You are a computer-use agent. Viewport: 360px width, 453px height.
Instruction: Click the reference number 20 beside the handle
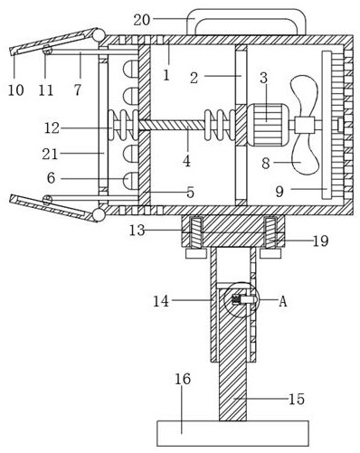pyautogui.click(x=142, y=20)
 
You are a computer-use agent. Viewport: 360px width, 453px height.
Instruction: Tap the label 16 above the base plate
pyautogui.click(x=183, y=379)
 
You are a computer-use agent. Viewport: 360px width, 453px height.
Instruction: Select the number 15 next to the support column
pyautogui.click(x=297, y=399)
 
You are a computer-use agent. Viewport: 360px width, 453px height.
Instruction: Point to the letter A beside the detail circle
pyautogui.click(x=283, y=301)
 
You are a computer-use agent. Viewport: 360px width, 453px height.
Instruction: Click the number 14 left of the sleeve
pyautogui.click(x=161, y=301)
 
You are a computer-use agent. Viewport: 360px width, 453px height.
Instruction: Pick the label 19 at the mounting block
pyautogui.click(x=320, y=241)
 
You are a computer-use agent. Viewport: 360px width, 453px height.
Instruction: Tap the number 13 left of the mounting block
pyautogui.click(x=137, y=231)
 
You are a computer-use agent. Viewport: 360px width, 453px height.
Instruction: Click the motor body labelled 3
pyautogui.click(x=268, y=125)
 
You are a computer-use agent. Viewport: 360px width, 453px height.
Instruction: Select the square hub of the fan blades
pyautogui.click(x=305, y=125)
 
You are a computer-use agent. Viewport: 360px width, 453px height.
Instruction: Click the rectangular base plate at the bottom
pyautogui.click(x=232, y=433)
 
